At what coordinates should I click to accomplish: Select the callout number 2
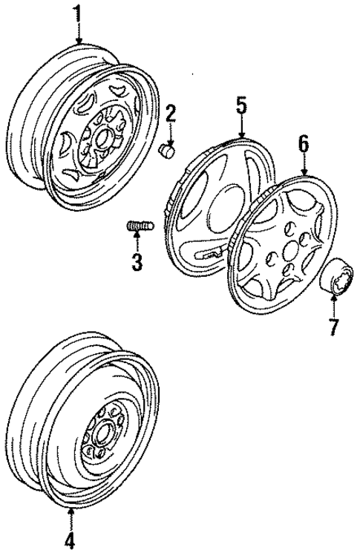point(171,113)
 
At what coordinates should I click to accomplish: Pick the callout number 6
point(303,143)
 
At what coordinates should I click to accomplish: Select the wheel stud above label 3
point(138,224)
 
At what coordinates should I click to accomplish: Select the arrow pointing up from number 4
point(71,520)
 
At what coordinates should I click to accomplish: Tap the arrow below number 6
point(303,164)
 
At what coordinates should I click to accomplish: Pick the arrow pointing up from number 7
point(334,305)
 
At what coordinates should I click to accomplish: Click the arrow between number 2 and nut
point(171,133)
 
